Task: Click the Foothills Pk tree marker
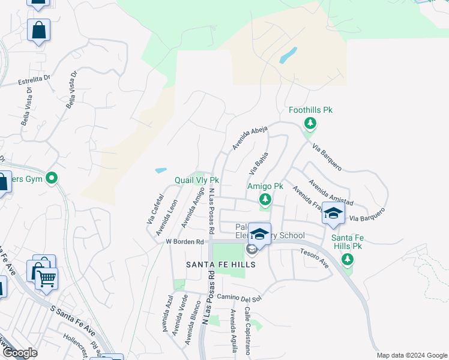(310, 124)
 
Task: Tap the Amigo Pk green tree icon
(264, 199)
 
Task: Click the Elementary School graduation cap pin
(259, 233)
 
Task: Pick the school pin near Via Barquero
(333, 212)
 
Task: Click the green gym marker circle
(52, 178)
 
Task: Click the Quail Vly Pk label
(196, 180)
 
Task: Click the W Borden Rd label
(185, 242)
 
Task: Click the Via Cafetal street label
(155, 209)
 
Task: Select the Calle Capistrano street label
(247, 333)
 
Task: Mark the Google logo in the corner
(20, 353)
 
